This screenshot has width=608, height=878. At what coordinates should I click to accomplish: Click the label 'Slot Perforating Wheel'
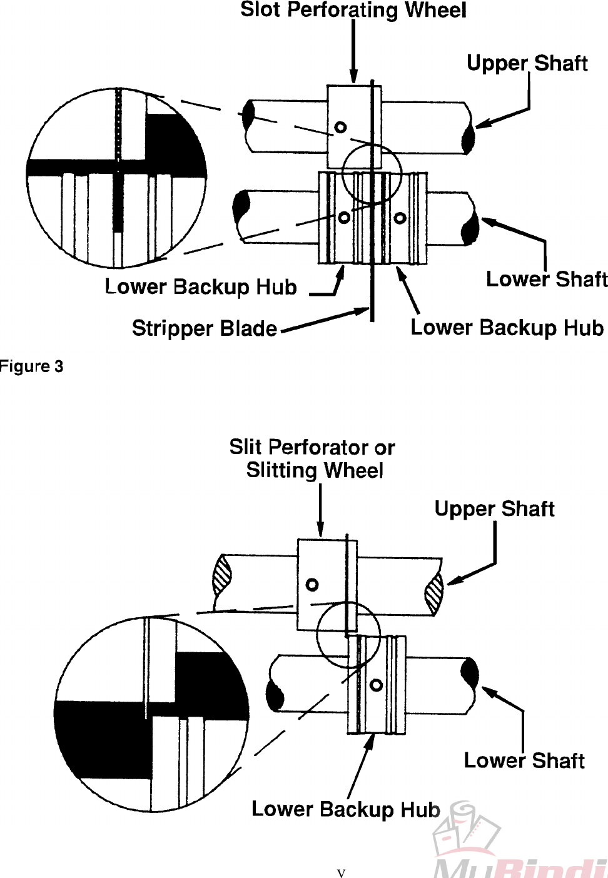tap(353, 11)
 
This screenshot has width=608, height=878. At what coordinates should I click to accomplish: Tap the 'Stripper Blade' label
tap(204, 328)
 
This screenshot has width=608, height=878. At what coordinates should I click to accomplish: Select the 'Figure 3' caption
tap(31, 366)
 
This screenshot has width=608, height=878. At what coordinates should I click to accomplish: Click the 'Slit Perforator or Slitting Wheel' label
tap(313, 458)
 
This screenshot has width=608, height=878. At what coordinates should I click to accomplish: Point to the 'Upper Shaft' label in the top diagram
tap(527, 63)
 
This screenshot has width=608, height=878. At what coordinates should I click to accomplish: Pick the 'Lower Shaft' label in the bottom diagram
tap(524, 760)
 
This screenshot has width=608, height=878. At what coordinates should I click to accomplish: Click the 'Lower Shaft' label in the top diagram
tap(546, 279)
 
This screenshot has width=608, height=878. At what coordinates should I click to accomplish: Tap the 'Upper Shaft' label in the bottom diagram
tap(494, 509)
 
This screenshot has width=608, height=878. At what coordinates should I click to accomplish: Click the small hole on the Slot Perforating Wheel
tap(340, 128)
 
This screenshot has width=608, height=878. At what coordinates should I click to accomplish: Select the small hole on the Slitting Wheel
tap(312, 585)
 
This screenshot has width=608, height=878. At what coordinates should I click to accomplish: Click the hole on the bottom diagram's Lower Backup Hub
tap(376, 685)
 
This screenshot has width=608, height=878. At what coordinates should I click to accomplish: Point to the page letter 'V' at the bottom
tap(341, 873)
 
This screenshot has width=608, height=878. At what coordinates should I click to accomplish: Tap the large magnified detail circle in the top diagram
tap(117, 178)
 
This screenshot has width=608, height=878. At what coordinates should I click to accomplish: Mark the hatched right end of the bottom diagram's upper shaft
tap(434, 591)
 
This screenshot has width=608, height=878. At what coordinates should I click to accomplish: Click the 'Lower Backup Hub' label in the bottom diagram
tap(345, 809)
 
